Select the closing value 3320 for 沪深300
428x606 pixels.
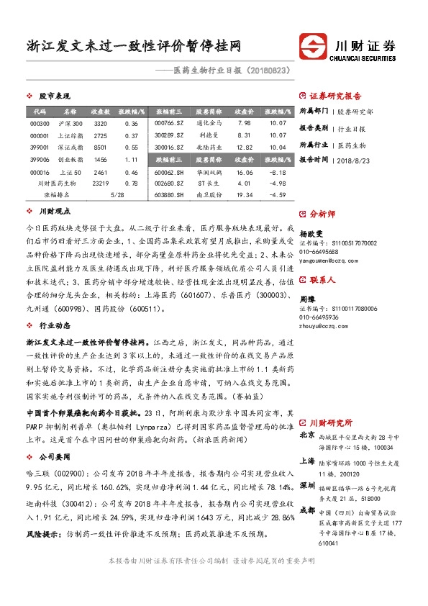101,124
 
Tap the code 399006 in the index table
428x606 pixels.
40,159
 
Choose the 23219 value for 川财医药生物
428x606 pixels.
101,184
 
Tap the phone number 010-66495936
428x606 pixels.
319,317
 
